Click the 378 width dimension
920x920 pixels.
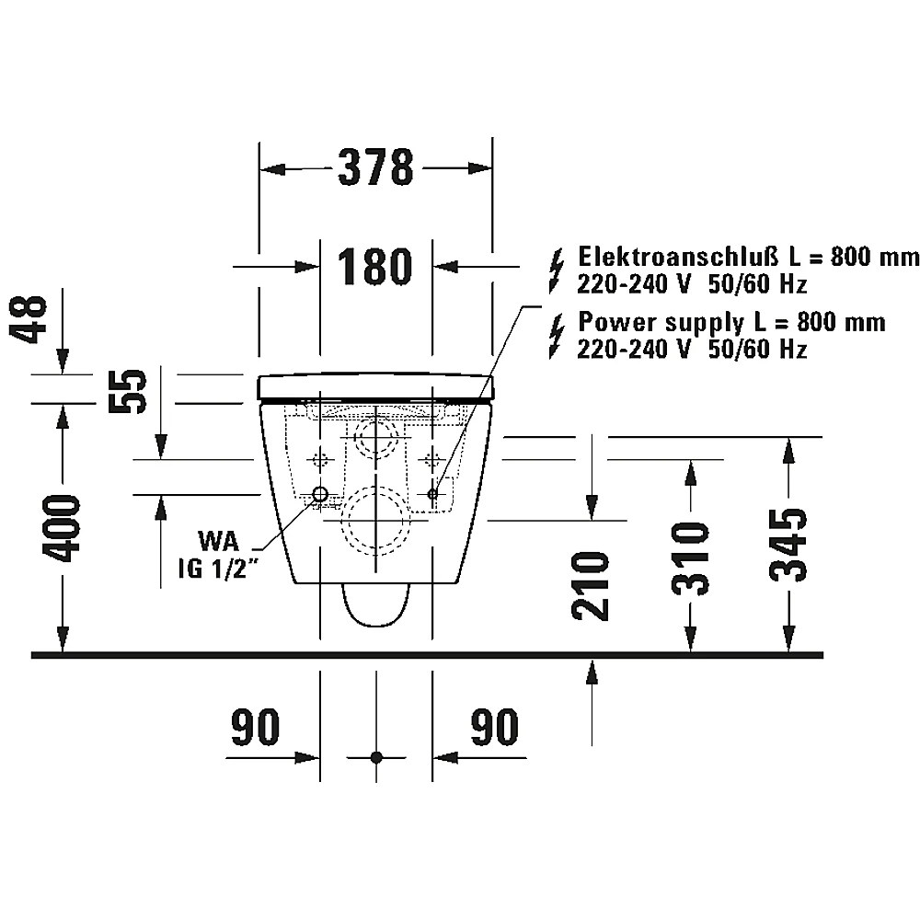375,167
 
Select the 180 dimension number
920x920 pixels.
375,267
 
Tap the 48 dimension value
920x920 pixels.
29,318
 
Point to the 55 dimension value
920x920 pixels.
127,391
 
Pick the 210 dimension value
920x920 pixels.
591,585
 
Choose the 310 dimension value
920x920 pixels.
691,558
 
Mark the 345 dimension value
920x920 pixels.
788,545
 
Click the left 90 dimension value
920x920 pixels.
255,727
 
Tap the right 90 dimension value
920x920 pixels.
495,727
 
